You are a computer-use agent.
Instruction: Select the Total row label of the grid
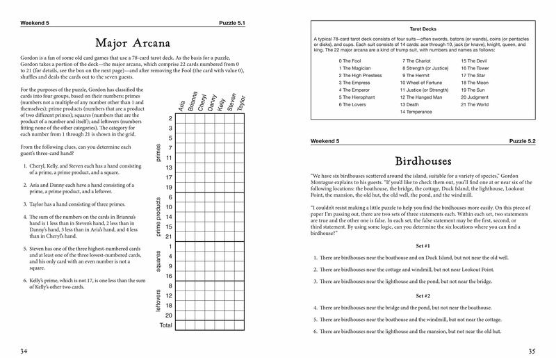coord(165,325)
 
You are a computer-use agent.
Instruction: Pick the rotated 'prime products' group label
coord(158,217)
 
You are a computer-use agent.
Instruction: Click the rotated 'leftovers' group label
coord(158,301)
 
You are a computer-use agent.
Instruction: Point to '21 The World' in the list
coord(474,104)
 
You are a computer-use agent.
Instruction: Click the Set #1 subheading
coord(423,246)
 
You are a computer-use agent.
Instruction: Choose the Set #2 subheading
coord(423,295)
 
